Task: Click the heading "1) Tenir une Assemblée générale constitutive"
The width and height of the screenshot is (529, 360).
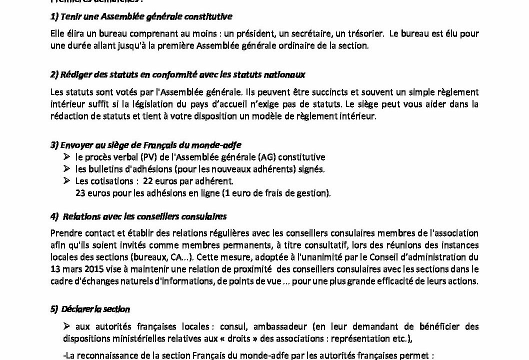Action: pyautogui.click(x=141, y=16)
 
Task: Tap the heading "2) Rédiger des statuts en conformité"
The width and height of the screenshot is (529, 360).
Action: pyautogui.click(x=178, y=74)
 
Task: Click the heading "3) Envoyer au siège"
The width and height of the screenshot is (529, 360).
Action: pyautogui.click(x=145, y=145)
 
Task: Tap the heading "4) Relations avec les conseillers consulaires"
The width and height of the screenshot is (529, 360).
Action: pyautogui.click(x=139, y=216)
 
